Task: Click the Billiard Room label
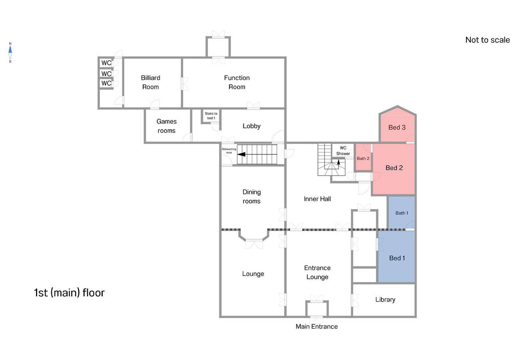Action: point(151,82)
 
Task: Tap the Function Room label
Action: point(237,82)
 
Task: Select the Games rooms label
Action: point(167,126)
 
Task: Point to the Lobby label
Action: point(251,126)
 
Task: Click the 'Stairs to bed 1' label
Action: point(211,116)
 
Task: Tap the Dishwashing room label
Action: point(229,151)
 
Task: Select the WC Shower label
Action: point(343,151)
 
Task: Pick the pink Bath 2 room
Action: point(363,157)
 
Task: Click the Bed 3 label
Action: point(397,128)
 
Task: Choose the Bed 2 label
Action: point(394,168)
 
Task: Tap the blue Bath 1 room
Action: point(401,213)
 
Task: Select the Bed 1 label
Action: point(397,258)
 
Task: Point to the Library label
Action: point(385,300)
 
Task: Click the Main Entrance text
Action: point(317,327)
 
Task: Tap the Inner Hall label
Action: point(317,199)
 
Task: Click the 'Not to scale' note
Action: point(488,40)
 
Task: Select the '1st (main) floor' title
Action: point(70,293)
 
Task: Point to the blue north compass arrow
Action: point(10,49)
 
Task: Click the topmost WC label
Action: point(106,63)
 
